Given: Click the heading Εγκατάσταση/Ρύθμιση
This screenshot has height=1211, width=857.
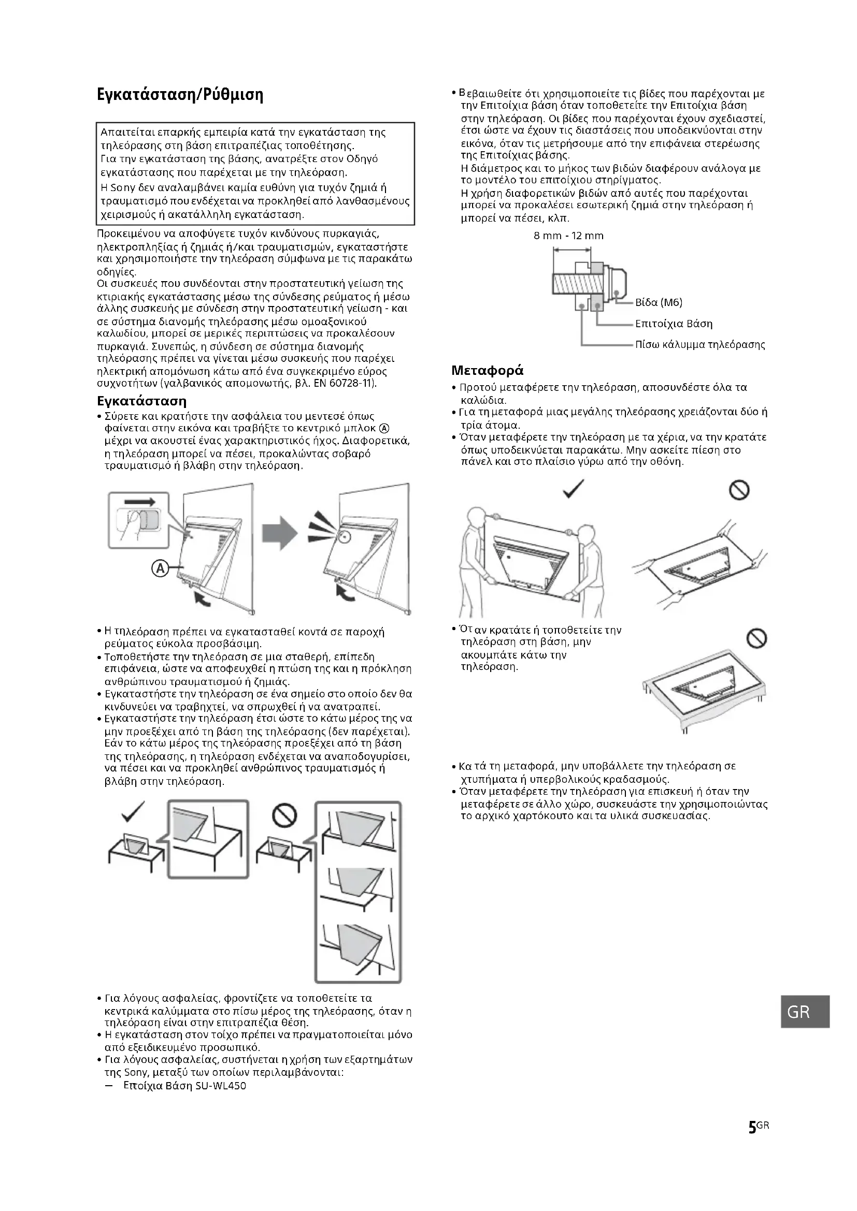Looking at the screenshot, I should (180, 95).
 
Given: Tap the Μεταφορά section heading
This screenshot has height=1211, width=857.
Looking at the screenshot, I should (487, 370).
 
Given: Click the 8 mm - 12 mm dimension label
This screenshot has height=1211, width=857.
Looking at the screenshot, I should (568, 236).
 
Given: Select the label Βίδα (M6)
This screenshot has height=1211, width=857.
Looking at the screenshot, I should (659, 303).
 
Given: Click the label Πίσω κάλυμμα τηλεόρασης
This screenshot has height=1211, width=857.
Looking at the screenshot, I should (699, 345).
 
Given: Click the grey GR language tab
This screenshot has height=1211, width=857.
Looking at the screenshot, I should (798, 1012).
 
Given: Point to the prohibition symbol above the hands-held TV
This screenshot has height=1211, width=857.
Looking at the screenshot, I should (739, 490).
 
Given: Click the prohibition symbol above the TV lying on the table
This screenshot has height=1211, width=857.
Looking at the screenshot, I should (755, 639).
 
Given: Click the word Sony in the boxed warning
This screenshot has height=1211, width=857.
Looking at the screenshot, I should (122, 188).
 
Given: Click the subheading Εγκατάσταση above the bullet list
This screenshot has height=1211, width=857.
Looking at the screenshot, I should (142, 401).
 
